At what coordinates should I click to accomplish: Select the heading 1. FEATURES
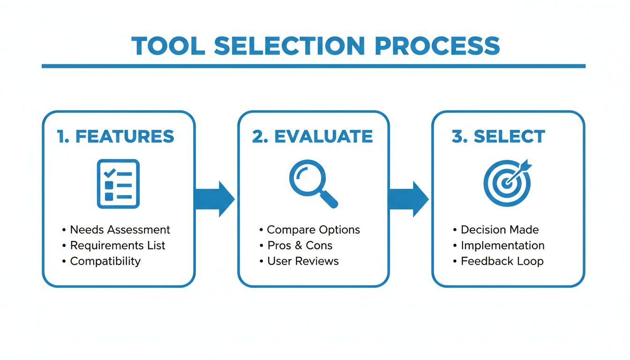115,136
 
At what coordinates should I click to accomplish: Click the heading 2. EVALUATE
313,136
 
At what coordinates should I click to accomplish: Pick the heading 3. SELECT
498,136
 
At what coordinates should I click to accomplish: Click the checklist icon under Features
118,184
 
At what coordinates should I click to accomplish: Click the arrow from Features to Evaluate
214,199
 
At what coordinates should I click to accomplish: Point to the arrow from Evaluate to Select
408,199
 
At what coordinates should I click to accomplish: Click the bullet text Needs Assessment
120,230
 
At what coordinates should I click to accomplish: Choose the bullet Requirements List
118,245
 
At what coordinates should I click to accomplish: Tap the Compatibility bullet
105,261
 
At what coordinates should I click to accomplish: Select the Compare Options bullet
313,230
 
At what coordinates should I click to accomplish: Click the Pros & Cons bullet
300,245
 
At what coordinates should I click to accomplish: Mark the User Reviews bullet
303,261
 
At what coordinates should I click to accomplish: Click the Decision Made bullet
500,230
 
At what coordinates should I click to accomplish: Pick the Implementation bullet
502,245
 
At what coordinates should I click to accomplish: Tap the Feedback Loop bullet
502,261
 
